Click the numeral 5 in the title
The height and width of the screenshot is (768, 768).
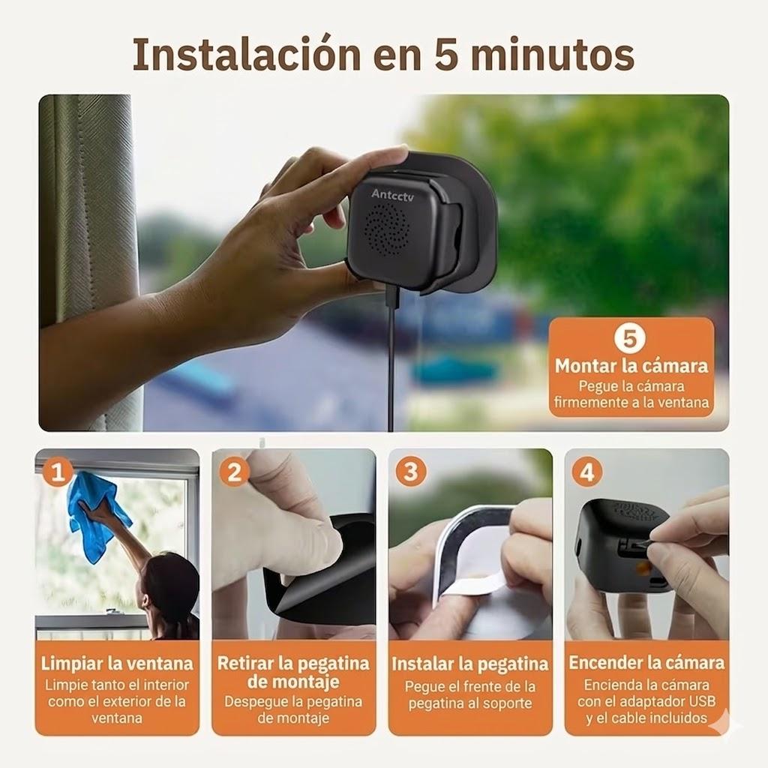[x=446, y=55]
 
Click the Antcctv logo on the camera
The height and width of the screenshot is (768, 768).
[x=392, y=194]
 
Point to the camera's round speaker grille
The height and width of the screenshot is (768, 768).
[x=385, y=229]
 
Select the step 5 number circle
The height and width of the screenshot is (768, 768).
[x=630, y=338]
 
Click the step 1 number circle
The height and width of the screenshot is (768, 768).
[x=58, y=472]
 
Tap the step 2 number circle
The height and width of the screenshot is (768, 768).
[x=235, y=472]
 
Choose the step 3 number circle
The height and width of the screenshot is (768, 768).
[x=410, y=472]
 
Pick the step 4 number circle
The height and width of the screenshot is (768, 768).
[x=586, y=472]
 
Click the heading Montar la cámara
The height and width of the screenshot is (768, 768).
[x=631, y=366]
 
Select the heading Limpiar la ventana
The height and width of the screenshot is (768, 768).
[x=117, y=664]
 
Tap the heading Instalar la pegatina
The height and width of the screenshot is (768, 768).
[x=469, y=664]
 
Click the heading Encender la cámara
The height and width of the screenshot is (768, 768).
[x=646, y=663]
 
